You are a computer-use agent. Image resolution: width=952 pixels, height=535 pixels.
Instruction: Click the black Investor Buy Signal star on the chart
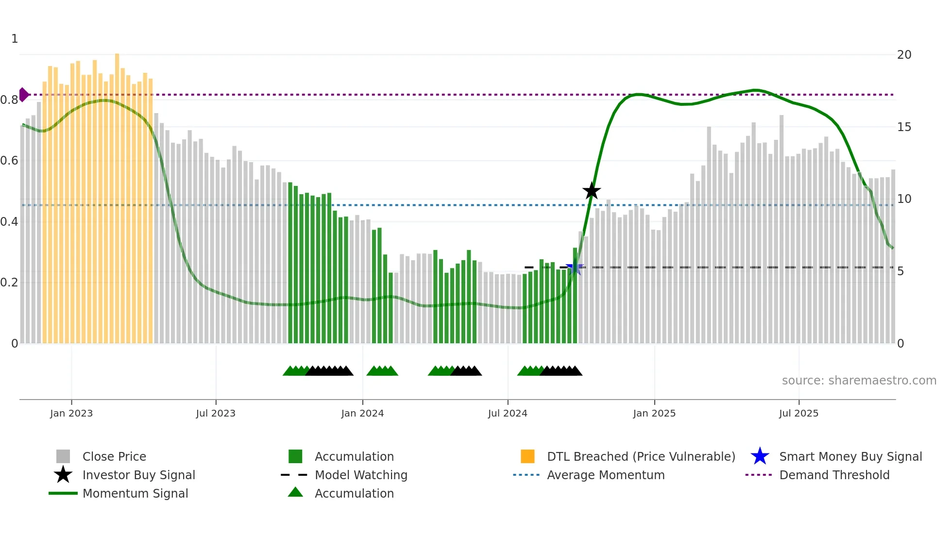592,191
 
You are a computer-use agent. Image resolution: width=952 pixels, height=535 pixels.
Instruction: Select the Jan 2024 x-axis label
362,413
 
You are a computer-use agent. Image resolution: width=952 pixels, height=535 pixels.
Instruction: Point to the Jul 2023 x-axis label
216,413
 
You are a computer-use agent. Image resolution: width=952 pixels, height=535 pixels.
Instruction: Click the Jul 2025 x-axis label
799,413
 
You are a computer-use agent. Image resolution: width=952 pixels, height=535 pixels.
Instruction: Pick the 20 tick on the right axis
904,55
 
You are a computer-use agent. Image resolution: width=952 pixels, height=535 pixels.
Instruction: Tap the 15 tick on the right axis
904,127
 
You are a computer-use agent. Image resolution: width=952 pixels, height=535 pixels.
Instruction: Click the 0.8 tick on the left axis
9,100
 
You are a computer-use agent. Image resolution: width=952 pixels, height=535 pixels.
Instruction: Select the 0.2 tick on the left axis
9,283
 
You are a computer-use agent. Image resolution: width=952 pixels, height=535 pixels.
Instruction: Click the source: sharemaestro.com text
859,381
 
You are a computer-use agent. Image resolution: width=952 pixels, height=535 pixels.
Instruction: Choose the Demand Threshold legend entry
834,475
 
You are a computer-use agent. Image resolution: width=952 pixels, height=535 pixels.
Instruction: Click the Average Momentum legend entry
605,475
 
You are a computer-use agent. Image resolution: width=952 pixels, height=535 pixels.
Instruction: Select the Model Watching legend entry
360,475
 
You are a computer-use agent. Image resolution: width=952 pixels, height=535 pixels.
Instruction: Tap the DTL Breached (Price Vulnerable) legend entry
641,456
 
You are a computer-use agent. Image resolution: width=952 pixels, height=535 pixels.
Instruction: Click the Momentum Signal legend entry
135,493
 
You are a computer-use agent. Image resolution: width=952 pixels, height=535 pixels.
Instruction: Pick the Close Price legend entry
114,456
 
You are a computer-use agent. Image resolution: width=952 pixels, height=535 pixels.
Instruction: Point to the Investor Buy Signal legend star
63,475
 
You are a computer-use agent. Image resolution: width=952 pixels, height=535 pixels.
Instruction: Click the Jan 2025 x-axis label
654,413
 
